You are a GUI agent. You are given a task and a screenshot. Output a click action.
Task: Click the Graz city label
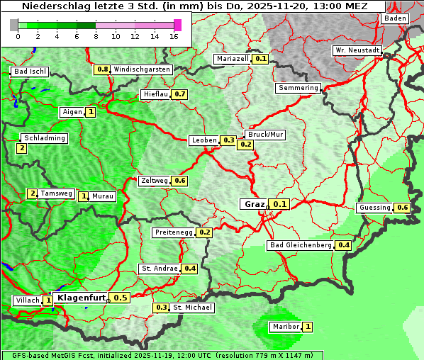tap(254, 204)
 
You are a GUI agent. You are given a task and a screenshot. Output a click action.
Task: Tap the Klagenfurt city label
tap(81, 298)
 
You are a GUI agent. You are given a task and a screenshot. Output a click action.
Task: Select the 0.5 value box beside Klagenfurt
tap(121, 298)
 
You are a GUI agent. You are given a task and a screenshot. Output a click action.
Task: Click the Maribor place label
tap(285, 327)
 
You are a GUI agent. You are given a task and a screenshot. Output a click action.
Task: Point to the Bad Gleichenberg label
tap(300, 245)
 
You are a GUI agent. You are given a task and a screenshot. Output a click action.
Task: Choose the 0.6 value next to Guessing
tap(403, 208)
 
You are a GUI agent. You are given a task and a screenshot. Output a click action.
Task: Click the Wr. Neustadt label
tap(357, 50)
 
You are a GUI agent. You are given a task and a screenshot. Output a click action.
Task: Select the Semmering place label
tap(298, 88)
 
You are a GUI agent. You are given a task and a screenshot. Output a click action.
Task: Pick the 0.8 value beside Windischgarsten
tap(103, 69)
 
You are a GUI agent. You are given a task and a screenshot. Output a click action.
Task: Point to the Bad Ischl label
tap(30, 72)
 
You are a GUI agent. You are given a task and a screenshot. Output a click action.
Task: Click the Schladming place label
tap(44, 138)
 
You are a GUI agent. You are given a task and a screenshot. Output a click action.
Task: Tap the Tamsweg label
tap(56, 193)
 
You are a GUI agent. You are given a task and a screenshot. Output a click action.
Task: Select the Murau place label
tap(103, 196)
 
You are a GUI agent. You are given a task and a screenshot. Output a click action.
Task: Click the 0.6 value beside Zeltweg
tap(179, 181)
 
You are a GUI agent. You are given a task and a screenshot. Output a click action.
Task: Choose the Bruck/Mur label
tap(264, 135)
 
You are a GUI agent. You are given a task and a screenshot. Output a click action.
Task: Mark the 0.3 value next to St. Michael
tap(162, 308)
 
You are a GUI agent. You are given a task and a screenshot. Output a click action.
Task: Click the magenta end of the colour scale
tap(177, 25)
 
